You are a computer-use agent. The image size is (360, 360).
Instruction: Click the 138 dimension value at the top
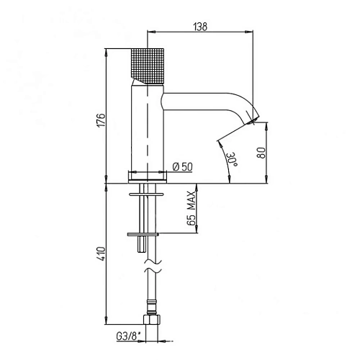[x=201, y=27]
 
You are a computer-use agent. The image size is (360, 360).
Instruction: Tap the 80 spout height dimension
[x=262, y=153]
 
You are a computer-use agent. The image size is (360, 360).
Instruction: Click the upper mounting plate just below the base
[x=148, y=193]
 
